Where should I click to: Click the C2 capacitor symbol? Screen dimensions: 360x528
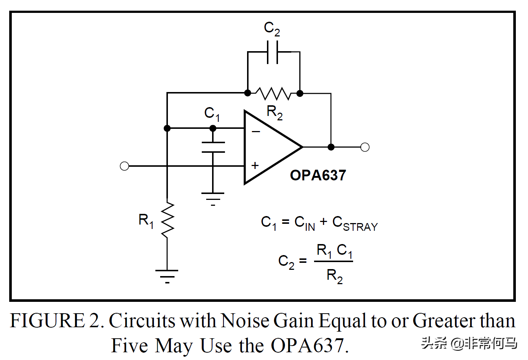(272, 52)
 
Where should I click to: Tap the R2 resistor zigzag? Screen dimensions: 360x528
(274, 93)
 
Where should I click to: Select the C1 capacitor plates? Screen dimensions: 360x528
(213, 147)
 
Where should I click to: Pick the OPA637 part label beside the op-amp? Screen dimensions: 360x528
(318, 175)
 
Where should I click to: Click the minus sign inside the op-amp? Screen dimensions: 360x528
(256, 131)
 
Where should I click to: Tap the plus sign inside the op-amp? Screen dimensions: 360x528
(255, 166)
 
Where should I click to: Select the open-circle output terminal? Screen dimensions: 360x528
(365, 147)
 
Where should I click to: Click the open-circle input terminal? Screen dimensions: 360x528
(124, 166)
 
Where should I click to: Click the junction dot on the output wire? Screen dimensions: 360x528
(331, 147)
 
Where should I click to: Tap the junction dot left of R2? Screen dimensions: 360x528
(248, 93)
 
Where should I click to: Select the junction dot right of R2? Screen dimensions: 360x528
(300, 93)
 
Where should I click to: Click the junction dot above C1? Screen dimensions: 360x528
(213, 128)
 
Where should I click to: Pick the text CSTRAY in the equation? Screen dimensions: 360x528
(355, 223)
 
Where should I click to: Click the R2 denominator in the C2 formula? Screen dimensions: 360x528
(334, 276)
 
